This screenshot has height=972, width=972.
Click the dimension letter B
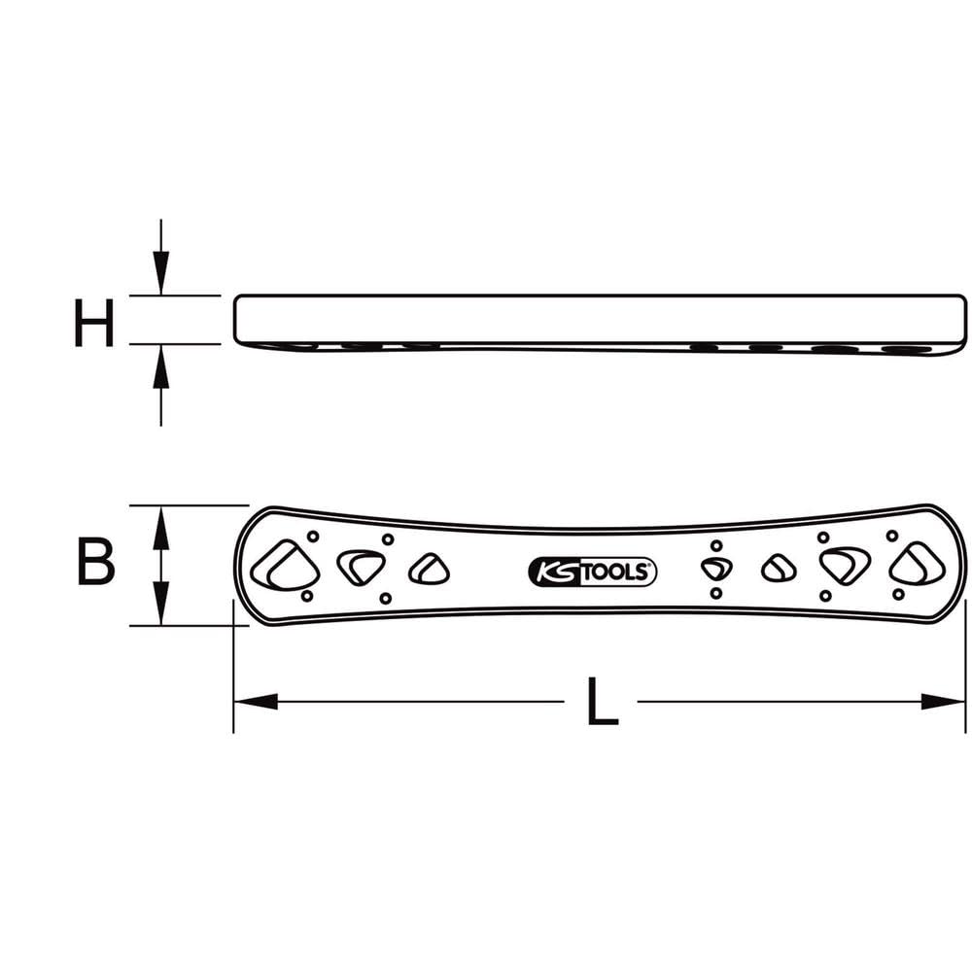[x=95, y=564]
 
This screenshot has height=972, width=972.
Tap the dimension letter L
[x=602, y=702]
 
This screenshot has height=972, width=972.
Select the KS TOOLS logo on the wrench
[x=592, y=573]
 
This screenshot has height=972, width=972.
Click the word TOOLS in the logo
[x=615, y=573]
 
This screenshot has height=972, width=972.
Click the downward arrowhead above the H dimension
[x=161, y=277]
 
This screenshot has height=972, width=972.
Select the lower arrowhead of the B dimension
[x=161, y=610]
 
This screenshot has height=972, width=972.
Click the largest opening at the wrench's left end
[x=284, y=566]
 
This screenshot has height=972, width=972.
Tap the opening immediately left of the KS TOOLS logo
[x=428, y=570]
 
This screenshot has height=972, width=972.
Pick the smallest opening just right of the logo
[x=716, y=570]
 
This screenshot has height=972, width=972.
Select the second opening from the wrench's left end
[x=361, y=566]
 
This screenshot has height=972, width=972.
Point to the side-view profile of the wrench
[x=601, y=321]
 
